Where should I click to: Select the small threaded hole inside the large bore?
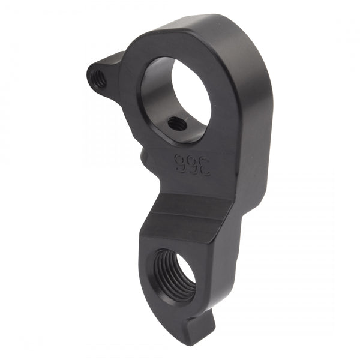176,124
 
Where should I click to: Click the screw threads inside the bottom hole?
168,273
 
